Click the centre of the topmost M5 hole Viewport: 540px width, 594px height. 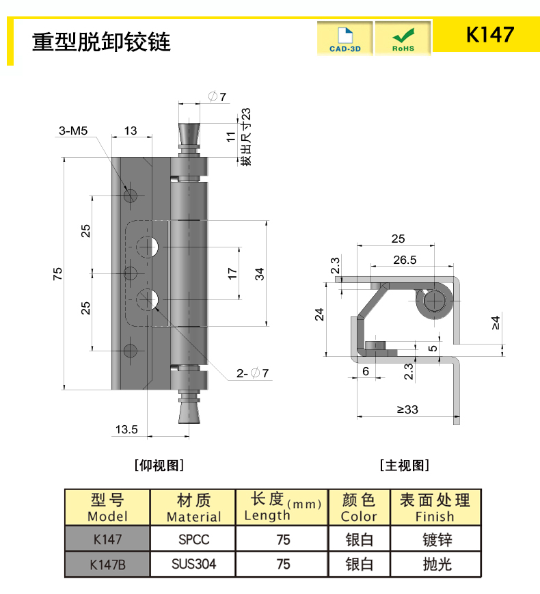[131, 195]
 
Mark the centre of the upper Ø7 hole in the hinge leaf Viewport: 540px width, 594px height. [148, 247]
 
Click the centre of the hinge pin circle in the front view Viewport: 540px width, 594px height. [434, 301]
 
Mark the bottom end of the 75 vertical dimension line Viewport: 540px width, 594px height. [64, 390]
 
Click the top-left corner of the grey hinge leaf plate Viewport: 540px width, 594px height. [112, 158]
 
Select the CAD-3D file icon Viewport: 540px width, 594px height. [345, 36]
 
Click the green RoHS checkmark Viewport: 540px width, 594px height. [403, 36]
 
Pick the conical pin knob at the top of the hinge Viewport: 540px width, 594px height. [189, 135]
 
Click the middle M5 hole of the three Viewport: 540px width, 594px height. [131, 273]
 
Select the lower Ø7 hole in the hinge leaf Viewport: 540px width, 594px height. [148, 299]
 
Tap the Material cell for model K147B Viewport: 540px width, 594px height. [193, 564]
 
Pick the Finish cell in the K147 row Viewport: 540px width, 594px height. [436, 539]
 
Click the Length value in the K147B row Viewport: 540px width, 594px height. [283, 564]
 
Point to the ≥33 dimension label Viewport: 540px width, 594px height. [407, 409]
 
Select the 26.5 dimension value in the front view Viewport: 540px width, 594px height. [405, 260]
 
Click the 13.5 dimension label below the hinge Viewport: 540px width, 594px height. [126, 429]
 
